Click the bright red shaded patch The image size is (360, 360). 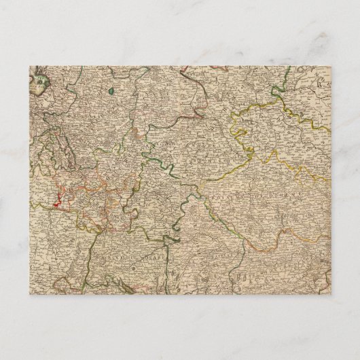coord(57,200)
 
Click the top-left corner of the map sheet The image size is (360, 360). coord(29,65)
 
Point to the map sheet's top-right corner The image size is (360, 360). coord(331,65)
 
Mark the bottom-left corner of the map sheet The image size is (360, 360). coord(29,294)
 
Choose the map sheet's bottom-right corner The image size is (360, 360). coord(331,294)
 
